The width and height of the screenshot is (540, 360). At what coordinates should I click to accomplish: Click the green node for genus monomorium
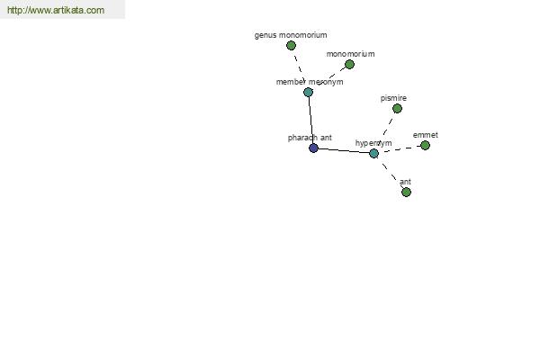(x=291, y=46)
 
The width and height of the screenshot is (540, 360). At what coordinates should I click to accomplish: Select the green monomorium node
(x=349, y=65)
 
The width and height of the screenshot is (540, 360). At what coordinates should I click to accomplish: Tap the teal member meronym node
(x=308, y=92)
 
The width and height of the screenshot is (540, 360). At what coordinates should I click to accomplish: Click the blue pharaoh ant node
(x=313, y=148)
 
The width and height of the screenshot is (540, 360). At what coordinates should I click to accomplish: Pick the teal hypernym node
(x=374, y=153)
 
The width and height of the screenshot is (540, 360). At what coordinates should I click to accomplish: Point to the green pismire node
(x=397, y=109)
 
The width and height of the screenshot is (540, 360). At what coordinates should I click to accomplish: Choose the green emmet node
(x=426, y=146)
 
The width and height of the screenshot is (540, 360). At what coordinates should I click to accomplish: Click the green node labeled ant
(x=407, y=192)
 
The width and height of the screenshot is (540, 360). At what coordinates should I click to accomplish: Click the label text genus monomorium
(x=291, y=35)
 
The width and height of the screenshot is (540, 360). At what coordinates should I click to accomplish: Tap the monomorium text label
(x=351, y=54)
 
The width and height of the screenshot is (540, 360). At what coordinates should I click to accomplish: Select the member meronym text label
(x=310, y=82)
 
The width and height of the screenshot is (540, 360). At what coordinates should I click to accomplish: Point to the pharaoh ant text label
(x=310, y=138)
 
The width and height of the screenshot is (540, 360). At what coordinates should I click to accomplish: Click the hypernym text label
(x=373, y=143)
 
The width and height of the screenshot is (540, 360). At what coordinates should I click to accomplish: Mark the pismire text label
(x=393, y=98)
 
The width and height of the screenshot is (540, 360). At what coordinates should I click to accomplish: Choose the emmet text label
(x=426, y=135)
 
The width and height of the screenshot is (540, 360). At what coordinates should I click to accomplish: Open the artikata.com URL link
(x=56, y=10)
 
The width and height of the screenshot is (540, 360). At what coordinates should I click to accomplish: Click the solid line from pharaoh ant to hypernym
(x=344, y=151)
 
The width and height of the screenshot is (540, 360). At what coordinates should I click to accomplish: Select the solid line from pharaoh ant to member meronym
(x=310, y=120)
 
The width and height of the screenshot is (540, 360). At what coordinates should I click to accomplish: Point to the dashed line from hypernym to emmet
(x=402, y=148)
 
